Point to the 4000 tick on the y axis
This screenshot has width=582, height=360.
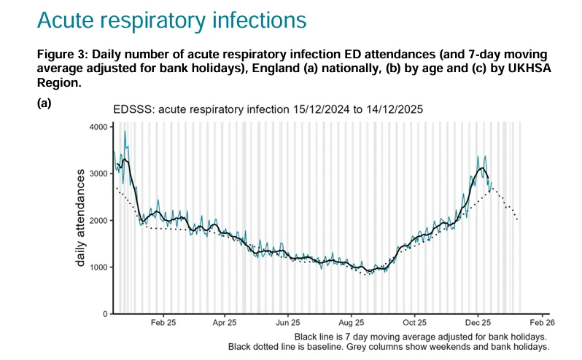coord(96,127)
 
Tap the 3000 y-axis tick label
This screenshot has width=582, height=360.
coord(96,173)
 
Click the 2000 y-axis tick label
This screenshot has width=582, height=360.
coord(96,220)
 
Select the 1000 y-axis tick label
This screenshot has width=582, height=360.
coord(96,267)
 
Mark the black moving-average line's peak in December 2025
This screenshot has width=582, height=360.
coord(481,168)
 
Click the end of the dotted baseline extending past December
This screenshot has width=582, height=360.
coord(518,220)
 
